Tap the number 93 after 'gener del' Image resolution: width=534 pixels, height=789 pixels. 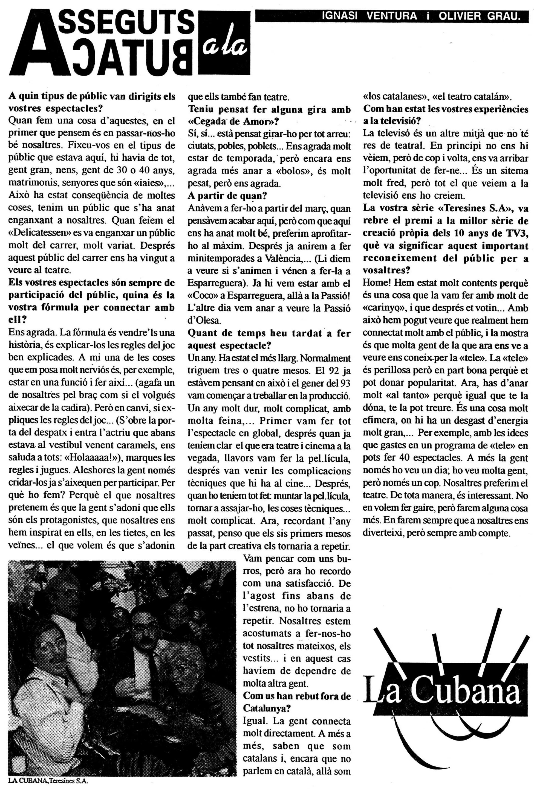point(345,381)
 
